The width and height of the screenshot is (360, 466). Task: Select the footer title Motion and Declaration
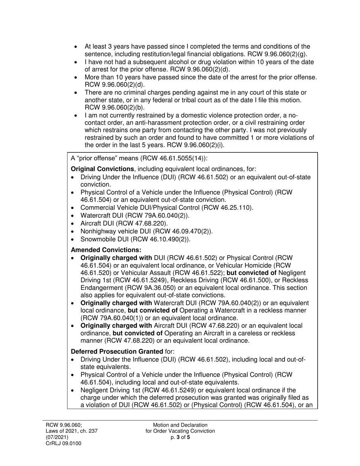coord(180,425)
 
